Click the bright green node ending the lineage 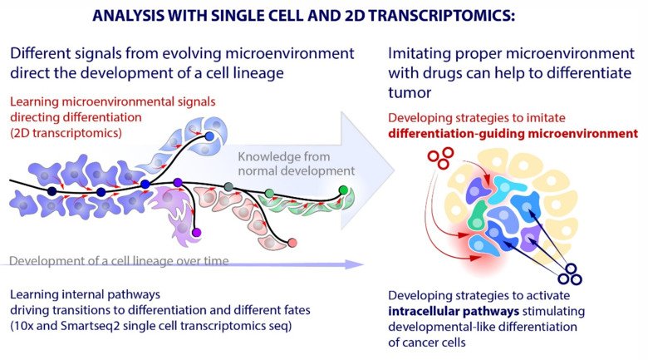343,191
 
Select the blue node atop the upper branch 209,135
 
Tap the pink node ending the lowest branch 292,243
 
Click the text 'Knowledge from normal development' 296,164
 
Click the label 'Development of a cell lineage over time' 119,261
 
